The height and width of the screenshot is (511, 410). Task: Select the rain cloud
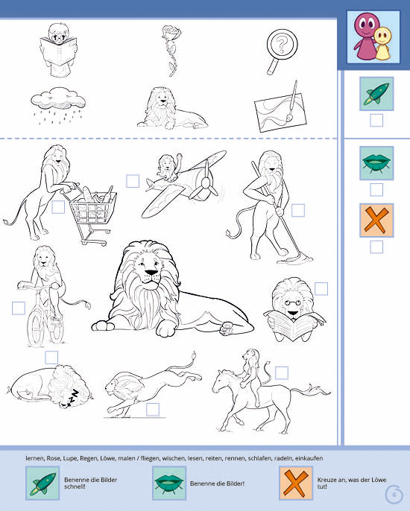pyautogui.click(x=57, y=104)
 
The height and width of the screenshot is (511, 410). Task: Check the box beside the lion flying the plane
pyautogui.click(x=133, y=181)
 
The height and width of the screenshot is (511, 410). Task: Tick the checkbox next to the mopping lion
pyautogui.click(x=297, y=210)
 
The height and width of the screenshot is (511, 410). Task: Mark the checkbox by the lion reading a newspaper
pyautogui.click(x=321, y=289)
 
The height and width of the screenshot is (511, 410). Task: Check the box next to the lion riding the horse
pyautogui.click(x=282, y=372)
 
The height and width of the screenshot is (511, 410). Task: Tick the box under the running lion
pyautogui.click(x=153, y=410)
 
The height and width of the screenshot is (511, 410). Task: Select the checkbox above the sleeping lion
pyautogui.click(x=51, y=358)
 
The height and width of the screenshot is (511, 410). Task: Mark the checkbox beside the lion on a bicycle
pyautogui.click(x=19, y=308)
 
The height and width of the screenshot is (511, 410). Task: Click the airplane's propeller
pyautogui.click(x=205, y=182)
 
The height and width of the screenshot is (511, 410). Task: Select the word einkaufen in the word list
pyautogui.click(x=309, y=458)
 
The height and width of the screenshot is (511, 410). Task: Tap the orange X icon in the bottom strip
pyautogui.click(x=296, y=483)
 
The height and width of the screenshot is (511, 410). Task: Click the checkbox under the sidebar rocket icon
pyautogui.click(x=376, y=121)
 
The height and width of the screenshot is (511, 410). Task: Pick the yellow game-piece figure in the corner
pyautogui.click(x=382, y=43)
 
